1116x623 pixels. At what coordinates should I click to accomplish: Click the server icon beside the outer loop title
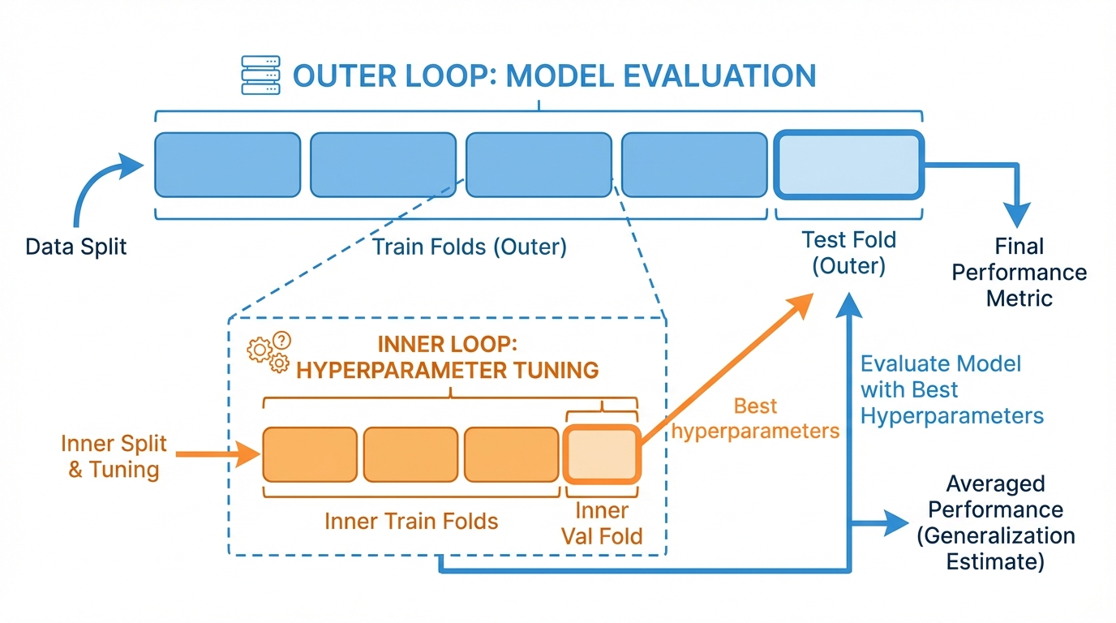260,76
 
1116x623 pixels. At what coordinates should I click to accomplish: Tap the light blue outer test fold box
848,165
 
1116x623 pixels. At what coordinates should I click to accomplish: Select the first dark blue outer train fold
227,165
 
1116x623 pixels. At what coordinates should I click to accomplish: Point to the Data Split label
76,247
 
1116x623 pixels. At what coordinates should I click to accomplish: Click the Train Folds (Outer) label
469,247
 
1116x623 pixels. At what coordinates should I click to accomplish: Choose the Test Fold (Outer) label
848,252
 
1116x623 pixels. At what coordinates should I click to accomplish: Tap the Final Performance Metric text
1019,272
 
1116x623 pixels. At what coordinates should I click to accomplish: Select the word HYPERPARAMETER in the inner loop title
392,370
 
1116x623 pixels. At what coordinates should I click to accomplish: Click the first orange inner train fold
309,454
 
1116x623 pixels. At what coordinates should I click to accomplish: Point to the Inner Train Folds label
411,520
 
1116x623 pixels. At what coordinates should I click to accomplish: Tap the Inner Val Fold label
602,523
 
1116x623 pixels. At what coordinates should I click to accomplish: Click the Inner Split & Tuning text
114,456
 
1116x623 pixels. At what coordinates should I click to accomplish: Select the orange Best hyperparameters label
755,418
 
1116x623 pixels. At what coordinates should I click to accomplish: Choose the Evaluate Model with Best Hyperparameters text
951,389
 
